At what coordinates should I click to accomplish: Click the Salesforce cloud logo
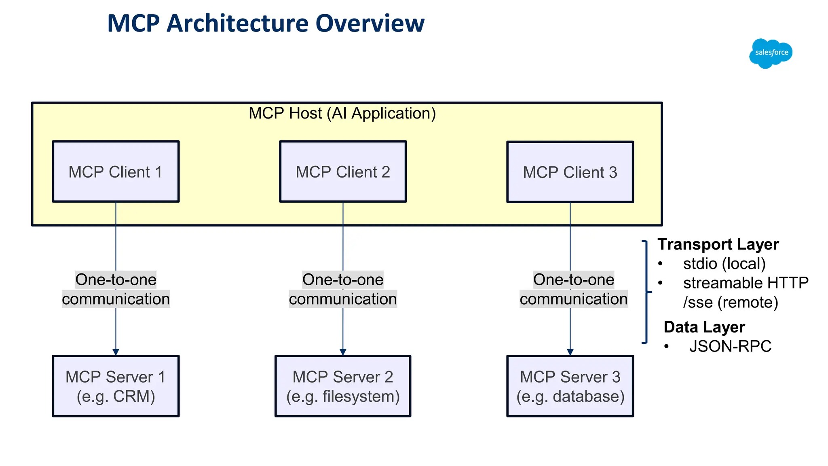[771, 53]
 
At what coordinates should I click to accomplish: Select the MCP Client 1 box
[116, 172]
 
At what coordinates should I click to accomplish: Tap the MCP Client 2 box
[343, 172]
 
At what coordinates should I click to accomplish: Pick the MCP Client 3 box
[570, 172]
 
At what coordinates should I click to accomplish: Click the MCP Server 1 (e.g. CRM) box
[116, 386]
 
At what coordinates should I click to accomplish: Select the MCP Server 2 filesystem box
[343, 386]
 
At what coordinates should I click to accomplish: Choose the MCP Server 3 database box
[570, 386]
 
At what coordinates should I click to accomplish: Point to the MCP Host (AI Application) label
[342, 113]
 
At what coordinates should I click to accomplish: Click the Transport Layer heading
[718, 244]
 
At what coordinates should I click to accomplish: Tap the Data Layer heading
[704, 327]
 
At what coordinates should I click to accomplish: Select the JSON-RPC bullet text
[730, 346]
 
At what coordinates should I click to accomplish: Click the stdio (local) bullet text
[724, 264]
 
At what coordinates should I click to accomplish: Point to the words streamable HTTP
[746, 283]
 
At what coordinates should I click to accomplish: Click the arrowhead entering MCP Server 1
[116, 352]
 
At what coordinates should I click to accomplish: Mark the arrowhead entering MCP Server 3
[570, 352]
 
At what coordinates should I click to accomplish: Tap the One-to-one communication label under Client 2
[343, 289]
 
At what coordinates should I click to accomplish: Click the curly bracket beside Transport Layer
[646, 292]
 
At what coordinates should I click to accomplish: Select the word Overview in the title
[370, 23]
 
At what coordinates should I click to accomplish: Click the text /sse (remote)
[731, 302]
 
